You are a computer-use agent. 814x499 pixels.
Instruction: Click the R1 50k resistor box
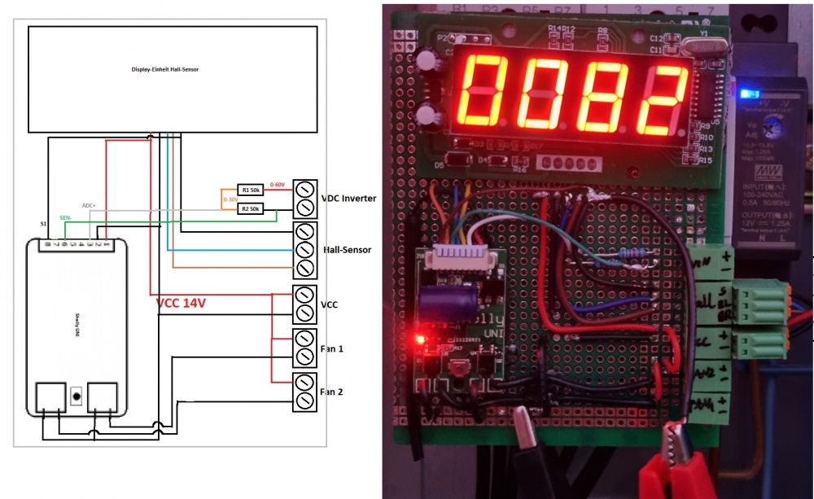250,190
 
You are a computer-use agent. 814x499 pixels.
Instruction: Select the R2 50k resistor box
250,209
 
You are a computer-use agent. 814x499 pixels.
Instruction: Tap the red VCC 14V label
181,303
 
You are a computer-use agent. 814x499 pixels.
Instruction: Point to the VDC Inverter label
348,198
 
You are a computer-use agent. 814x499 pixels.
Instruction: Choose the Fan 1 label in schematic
332,348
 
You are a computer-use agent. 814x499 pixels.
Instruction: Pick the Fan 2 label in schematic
332,392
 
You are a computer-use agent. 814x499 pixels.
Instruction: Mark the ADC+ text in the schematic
90,206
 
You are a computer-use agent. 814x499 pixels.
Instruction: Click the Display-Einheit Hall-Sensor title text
165,70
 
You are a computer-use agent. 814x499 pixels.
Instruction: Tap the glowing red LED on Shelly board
420,336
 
